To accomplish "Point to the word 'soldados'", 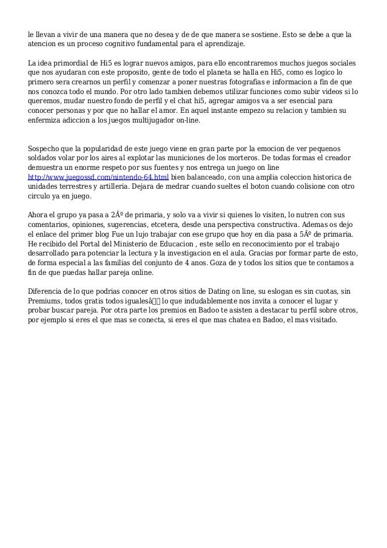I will (45, 158).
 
